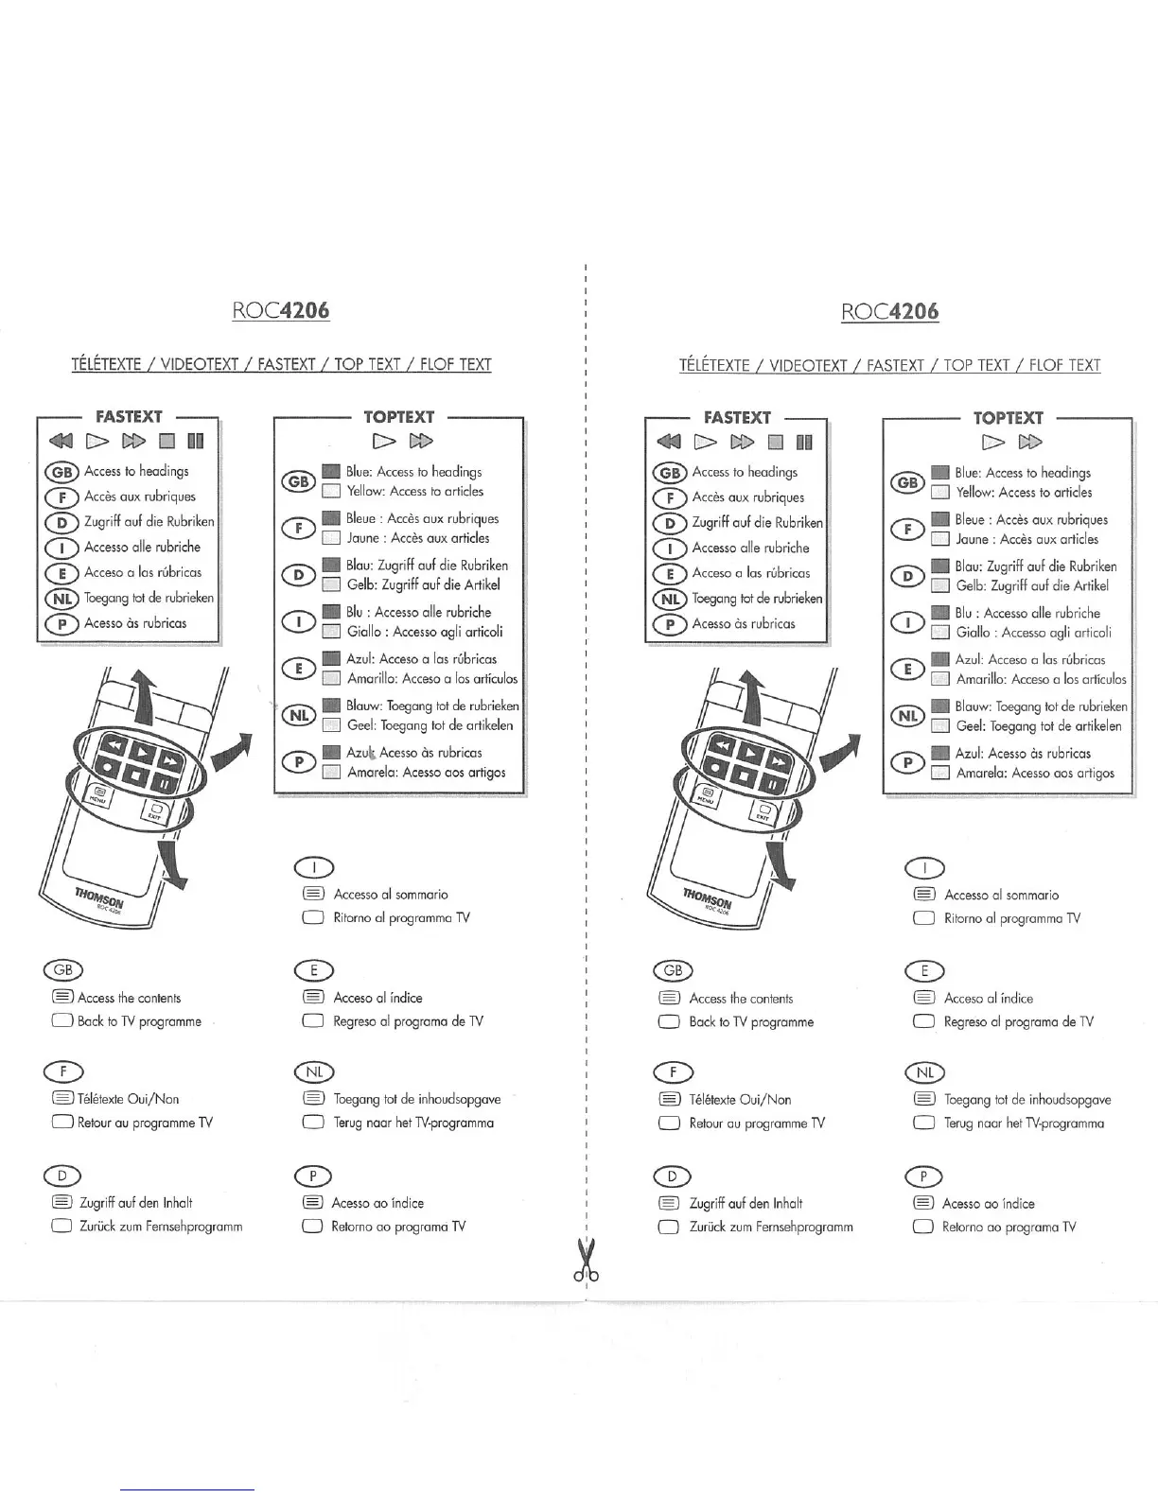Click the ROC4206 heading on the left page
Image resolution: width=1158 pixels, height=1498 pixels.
tap(281, 310)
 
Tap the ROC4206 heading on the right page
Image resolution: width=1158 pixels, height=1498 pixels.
tap(889, 311)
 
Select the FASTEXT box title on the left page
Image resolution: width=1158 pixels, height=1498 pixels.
tap(129, 416)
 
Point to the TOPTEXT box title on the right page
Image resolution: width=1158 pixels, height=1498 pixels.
tap(1008, 417)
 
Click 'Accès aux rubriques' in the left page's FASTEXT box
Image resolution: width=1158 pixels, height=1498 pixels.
tap(139, 496)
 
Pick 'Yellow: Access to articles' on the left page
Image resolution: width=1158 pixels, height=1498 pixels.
tap(414, 491)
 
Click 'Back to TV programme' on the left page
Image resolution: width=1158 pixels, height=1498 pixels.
tap(139, 1021)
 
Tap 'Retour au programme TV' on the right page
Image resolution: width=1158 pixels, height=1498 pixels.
tap(756, 1123)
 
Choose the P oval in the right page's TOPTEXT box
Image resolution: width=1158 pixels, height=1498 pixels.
tap(907, 762)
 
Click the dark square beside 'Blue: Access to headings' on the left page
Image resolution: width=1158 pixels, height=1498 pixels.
tap(330, 471)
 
